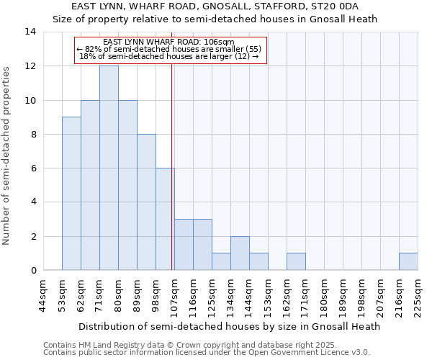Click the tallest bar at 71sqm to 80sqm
[109, 168]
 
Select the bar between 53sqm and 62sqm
[71, 194]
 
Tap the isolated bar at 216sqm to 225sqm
[408, 262]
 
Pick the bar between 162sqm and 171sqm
[296, 262]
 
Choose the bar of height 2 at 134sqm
[240, 253]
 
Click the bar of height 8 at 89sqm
[146, 202]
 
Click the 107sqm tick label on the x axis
[175, 296]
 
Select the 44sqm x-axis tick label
[44, 296]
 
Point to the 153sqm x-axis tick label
[269, 296]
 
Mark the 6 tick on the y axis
[33, 168]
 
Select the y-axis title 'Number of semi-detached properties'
[7, 156]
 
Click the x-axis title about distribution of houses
[229, 326]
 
